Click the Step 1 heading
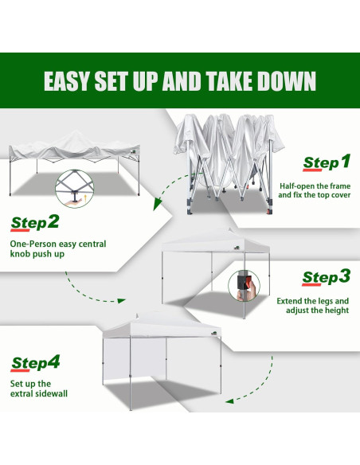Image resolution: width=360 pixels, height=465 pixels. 326,162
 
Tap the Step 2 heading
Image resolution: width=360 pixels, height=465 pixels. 35,221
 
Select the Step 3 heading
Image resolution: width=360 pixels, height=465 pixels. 326,277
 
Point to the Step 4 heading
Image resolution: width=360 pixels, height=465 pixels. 35,363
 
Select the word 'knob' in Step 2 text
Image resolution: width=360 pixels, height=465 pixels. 25,256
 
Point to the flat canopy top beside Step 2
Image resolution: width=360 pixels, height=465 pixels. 68,152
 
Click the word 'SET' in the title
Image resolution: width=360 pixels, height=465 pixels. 127,82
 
